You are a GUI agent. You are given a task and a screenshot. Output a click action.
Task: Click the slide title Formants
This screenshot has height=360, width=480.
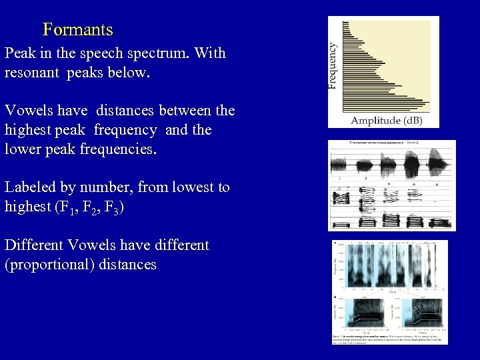tap(77, 30)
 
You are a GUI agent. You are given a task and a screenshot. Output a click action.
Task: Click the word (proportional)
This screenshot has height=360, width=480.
tap(49, 265)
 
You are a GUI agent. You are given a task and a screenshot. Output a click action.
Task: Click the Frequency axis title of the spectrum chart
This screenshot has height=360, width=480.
tap(333, 65)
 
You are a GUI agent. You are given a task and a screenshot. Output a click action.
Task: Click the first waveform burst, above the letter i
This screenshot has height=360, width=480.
tap(341, 164)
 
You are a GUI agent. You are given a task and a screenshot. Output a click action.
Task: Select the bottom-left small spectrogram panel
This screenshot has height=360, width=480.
tap(361, 313)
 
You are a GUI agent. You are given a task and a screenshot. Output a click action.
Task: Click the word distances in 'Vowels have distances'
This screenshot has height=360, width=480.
tap(131, 111)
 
